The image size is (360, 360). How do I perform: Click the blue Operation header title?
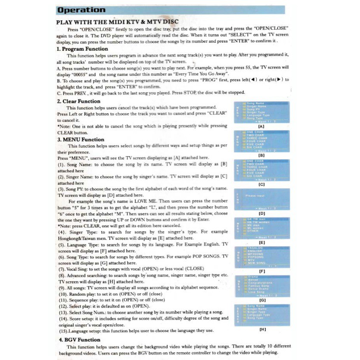(x=81, y=10)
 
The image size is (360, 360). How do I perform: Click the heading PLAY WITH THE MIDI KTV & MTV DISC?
(x=117, y=22)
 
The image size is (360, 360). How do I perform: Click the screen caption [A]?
(x=261, y=126)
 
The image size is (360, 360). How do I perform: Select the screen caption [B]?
(x=261, y=155)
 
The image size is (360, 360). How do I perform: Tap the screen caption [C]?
(x=261, y=184)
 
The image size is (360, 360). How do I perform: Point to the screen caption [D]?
(x=261, y=213)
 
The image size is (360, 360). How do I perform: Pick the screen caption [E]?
(x=261, y=242)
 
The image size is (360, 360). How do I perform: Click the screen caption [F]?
(x=261, y=271)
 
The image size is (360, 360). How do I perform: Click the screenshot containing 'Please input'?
(x=261, y=199)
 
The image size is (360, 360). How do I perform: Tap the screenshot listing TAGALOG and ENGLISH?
(x=261, y=257)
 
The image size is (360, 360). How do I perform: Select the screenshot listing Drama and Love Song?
(x=261, y=286)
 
